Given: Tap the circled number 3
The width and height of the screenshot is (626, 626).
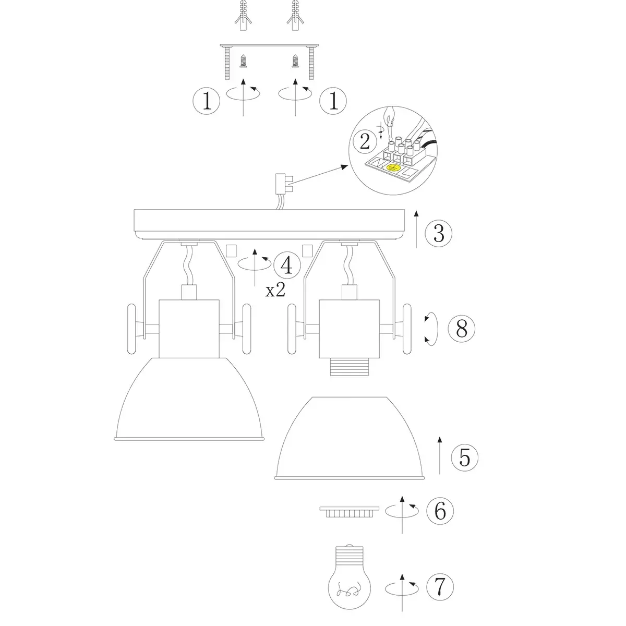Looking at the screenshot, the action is point(439,233).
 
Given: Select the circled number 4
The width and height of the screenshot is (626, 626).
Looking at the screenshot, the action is point(287,265).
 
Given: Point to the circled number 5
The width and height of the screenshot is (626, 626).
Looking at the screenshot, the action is point(465,458).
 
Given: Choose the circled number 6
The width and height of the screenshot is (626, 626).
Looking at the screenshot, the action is point(440,511).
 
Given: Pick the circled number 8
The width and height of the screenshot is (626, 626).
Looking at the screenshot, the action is point(461,329).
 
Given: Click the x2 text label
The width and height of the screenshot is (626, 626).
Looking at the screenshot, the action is point(275,290).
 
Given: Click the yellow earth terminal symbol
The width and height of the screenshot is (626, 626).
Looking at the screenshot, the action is point(393,167).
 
